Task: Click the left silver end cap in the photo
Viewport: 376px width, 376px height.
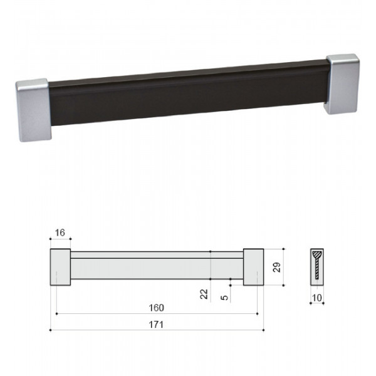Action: click(33, 110)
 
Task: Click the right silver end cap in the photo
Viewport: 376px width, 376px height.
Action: click(342, 84)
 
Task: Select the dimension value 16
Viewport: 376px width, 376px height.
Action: click(60, 232)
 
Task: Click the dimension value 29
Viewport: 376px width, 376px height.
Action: click(277, 267)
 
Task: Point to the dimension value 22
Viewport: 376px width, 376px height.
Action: click(204, 294)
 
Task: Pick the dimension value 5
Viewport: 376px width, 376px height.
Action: click(224, 298)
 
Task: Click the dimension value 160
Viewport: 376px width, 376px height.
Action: click(156, 308)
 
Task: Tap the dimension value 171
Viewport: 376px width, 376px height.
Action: click(156, 325)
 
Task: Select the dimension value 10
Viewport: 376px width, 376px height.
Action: click(316, 298)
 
